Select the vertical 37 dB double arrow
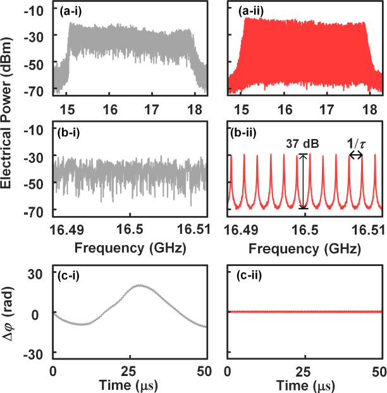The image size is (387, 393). (303, 181)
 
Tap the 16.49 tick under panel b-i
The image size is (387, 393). (60, 230)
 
